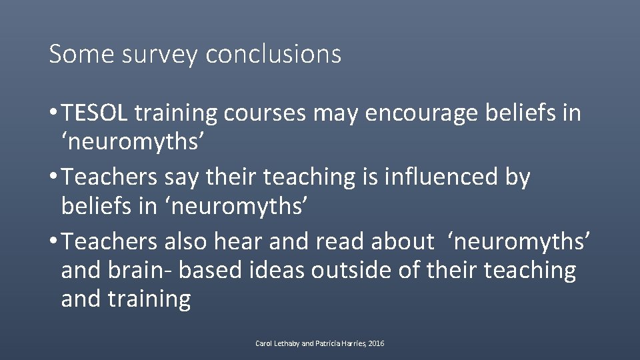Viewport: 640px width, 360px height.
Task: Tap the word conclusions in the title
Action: tap(273, 53)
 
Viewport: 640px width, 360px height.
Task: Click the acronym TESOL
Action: tap(95, 113)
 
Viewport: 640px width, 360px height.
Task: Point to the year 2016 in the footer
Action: tap(376, 344)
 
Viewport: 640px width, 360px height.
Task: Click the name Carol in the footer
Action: tap(264, 344)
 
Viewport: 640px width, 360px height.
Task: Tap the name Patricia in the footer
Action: tap(325, 344)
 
